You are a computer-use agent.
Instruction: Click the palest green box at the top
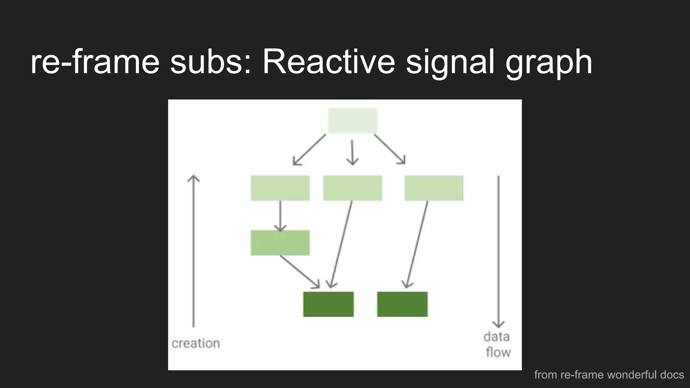click(352, 121)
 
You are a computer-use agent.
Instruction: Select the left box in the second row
click(280, 188)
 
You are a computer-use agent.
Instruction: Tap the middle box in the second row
click(352, 188)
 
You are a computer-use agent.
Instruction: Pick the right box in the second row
click(434, 188)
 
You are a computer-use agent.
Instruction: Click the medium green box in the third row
click(280, 243)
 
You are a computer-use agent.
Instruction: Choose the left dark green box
click(328, 304)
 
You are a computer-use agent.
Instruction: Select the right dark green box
click(402, 304)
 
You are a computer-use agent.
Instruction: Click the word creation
click(195, 344)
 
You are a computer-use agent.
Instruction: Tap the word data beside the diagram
click(496, 337)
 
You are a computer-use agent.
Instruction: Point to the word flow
click(498, 352)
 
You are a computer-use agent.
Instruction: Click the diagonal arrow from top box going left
click(309, 150)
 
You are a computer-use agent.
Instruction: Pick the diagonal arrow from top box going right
click(389, 149)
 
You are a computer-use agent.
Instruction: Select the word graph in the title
click(548, 62)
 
